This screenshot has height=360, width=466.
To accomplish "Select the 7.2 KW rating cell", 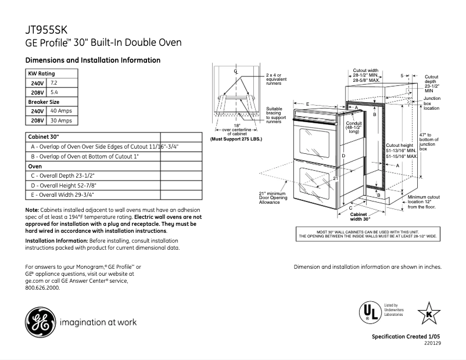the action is pos(56,83).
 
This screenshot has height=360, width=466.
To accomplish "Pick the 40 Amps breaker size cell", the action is pos(61,111).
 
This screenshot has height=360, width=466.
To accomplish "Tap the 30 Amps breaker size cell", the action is pos(61,120).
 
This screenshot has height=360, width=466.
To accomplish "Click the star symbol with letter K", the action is pos(429,313).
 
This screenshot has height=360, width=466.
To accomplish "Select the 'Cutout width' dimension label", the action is pos(366,75).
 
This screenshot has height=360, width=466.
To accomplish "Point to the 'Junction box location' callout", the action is pos(432,103).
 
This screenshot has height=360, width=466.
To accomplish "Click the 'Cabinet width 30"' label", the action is pos(360,217).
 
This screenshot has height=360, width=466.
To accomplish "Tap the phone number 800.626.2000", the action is pos(43,287).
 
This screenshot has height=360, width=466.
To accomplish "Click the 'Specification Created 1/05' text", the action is pos(407,337).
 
